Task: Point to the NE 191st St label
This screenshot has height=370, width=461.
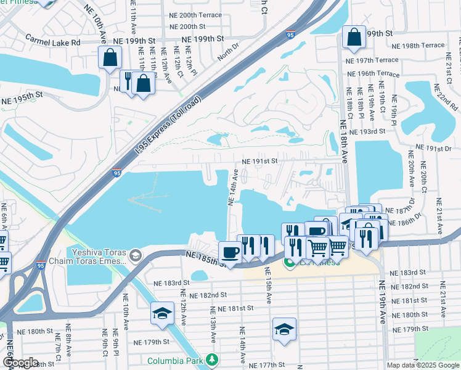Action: pos(260,161)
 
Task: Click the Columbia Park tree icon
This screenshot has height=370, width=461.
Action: pos(212,358)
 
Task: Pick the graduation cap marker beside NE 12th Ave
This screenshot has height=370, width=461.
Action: pos(162,313)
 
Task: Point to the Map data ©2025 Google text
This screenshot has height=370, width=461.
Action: pos(423,365)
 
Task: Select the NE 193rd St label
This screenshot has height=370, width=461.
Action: pos(367,132)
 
